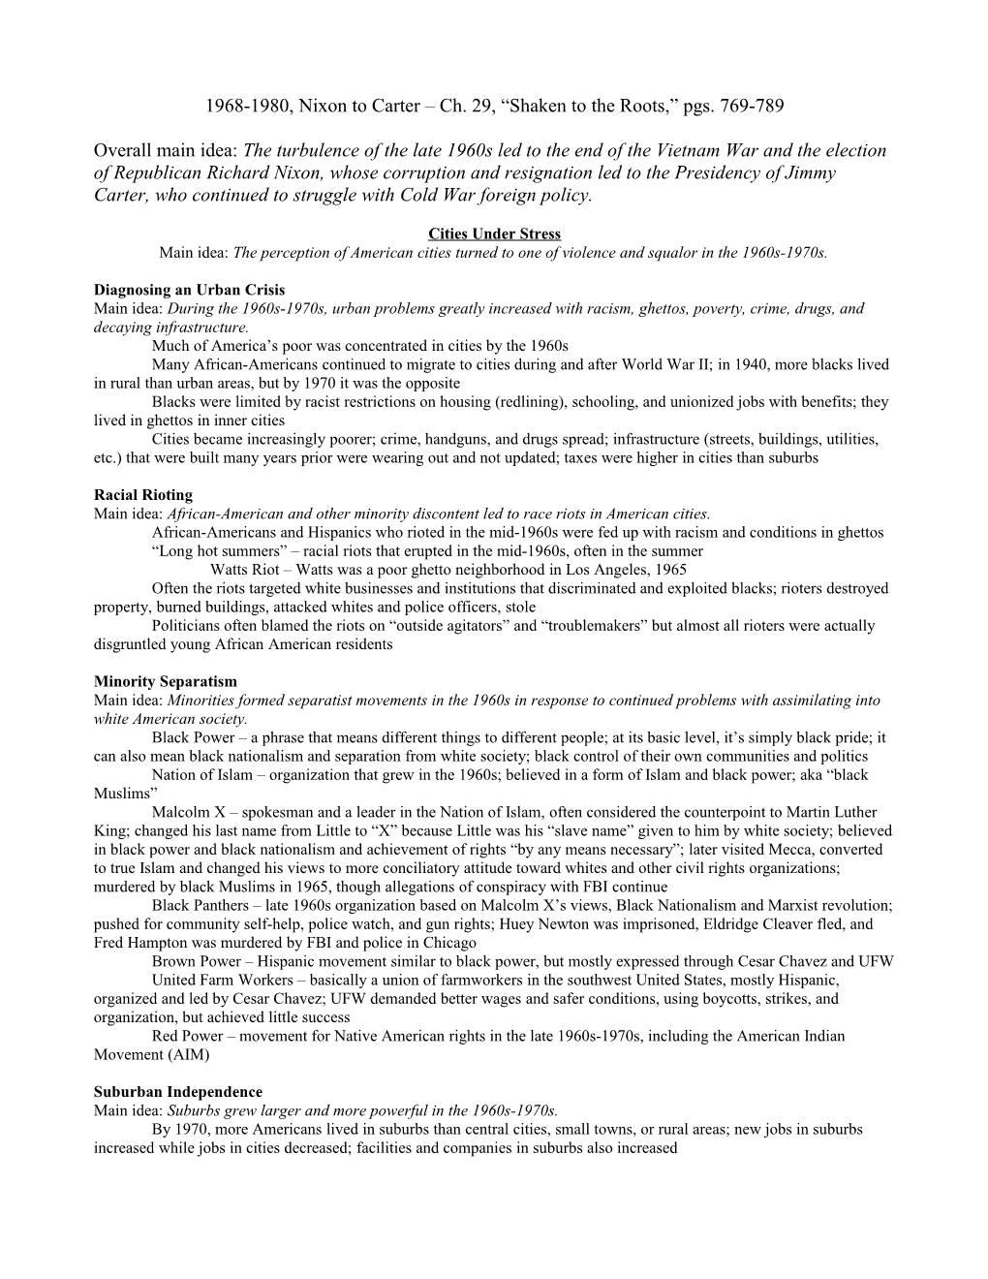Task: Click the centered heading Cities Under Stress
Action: click(x=494, y=234)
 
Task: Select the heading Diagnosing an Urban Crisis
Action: click(x=189, y=291)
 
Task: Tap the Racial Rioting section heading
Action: click(x=142, y=495)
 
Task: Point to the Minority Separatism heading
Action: click(x=165, y=682)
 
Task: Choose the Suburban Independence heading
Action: click(x=178, y=1092)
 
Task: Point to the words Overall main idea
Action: click(x=166, y=151)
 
